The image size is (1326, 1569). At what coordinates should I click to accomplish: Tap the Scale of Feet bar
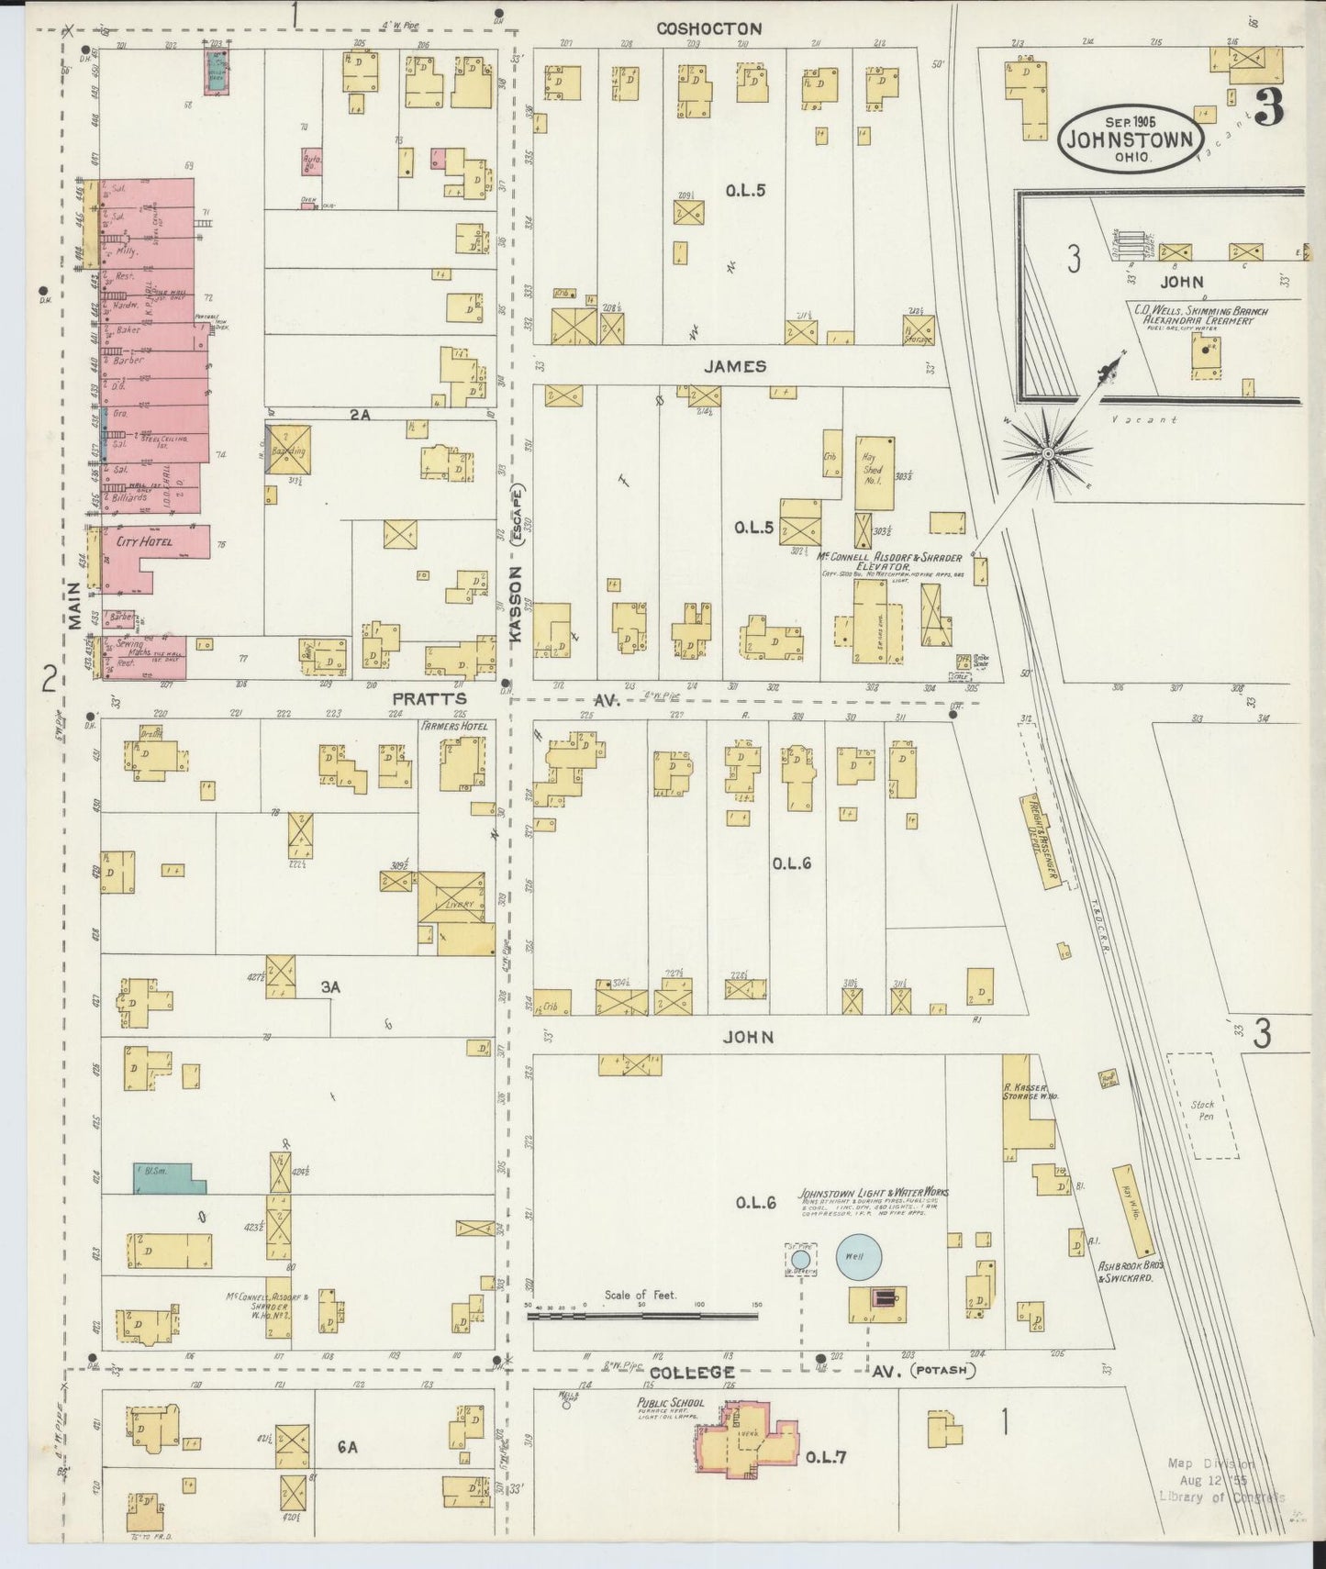click(x=642, y=1316)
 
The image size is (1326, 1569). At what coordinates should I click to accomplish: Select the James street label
click(x=735, y=366)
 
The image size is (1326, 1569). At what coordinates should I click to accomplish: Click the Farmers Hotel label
click(x=453, y=726)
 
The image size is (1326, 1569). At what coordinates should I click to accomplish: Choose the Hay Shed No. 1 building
click(x=875, y=472)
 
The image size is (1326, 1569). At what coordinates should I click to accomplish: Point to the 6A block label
click(x=347, y=1447)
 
